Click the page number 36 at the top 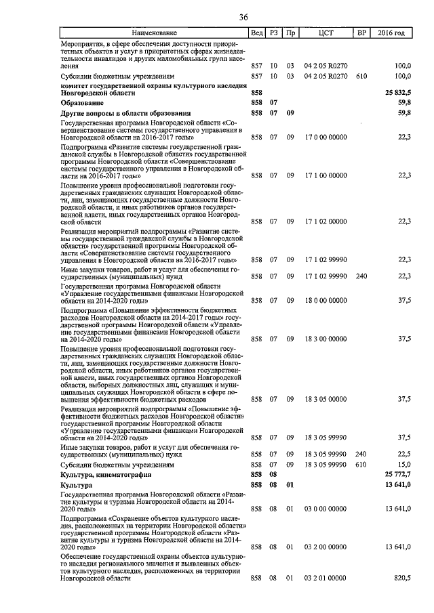click(x=242, y=18)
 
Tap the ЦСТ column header click(x=325, y=33)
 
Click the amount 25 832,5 click(x=398, y=91)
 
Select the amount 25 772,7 click(x=398, y=475)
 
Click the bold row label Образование click(x=82, y=102)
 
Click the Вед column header click(x=256, y=33)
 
